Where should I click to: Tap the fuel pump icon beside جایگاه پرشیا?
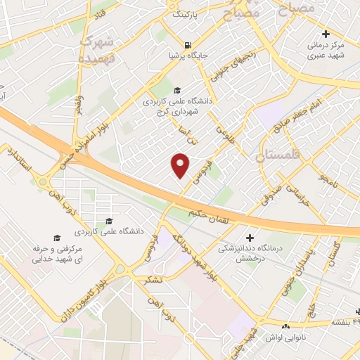[x=188, y=41]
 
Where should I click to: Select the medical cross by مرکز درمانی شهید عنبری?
[x=325, y=34]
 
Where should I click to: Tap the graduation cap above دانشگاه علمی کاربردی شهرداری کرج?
[x=176, y=89]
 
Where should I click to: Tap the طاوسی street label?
[x=224, y=131]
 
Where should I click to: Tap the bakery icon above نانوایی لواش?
[x=285, y=326]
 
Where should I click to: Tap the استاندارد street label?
[x=17, y=162]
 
